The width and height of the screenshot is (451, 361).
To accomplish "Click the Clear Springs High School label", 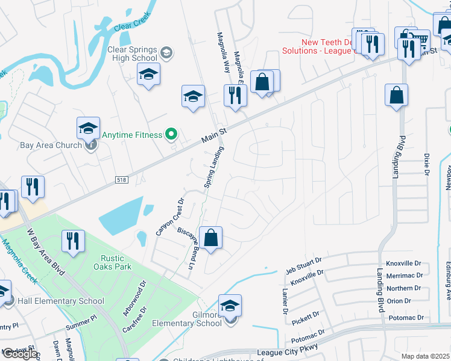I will (124, 54).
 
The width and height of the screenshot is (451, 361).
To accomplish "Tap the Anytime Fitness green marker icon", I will (171, 134).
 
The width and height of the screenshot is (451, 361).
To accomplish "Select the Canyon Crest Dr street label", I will (169, 216).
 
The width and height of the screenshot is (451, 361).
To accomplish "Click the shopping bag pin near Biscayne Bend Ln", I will (210, 238).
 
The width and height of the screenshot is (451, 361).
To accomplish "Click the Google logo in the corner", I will (19, 354).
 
